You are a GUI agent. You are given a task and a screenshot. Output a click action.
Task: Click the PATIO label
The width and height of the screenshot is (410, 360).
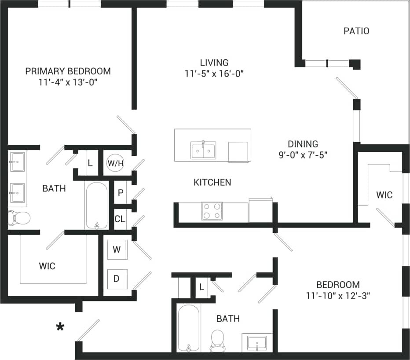356,31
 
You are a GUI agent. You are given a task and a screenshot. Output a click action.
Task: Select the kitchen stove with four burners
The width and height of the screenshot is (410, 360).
212,211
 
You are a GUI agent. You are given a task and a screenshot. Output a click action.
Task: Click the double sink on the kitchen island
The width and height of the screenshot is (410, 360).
203,150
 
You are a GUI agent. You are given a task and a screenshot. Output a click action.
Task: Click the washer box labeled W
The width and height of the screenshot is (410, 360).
117,250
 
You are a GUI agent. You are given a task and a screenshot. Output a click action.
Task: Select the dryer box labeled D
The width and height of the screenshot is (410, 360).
117,279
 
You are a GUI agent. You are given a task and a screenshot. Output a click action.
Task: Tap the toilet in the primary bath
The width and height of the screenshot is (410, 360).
19,217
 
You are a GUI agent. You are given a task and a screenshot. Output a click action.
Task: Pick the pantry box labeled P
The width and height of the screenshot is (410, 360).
121,193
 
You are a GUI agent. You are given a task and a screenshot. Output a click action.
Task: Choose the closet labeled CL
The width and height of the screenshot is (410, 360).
120,219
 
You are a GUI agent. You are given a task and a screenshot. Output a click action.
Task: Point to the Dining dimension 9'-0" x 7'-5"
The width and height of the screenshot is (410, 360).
303,155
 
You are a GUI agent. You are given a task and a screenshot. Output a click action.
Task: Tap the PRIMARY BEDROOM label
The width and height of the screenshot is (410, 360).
68,71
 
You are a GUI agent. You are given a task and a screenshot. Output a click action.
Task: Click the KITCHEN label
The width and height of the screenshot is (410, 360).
212,182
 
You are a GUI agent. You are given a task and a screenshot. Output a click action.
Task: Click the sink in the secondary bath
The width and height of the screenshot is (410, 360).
257,342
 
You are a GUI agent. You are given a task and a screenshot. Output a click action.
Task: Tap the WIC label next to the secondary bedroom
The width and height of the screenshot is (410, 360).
384,195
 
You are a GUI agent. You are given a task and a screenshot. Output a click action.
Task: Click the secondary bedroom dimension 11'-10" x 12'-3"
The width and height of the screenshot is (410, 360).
338,296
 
